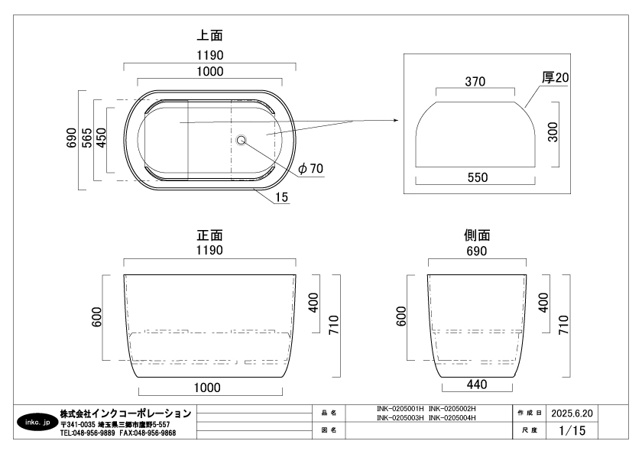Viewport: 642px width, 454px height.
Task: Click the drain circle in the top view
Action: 242,140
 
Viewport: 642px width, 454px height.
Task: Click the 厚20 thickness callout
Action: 556,77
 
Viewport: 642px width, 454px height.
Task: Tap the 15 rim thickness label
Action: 281,197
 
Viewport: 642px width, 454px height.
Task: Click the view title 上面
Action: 210,35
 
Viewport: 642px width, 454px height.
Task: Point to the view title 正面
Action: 210,235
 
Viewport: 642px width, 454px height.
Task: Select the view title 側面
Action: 477,235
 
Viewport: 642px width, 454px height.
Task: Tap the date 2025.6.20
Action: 572,413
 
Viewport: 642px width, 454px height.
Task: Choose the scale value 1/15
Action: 571,431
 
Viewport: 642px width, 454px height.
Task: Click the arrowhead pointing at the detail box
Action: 394,120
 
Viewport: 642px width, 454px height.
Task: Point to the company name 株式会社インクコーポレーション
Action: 125,413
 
